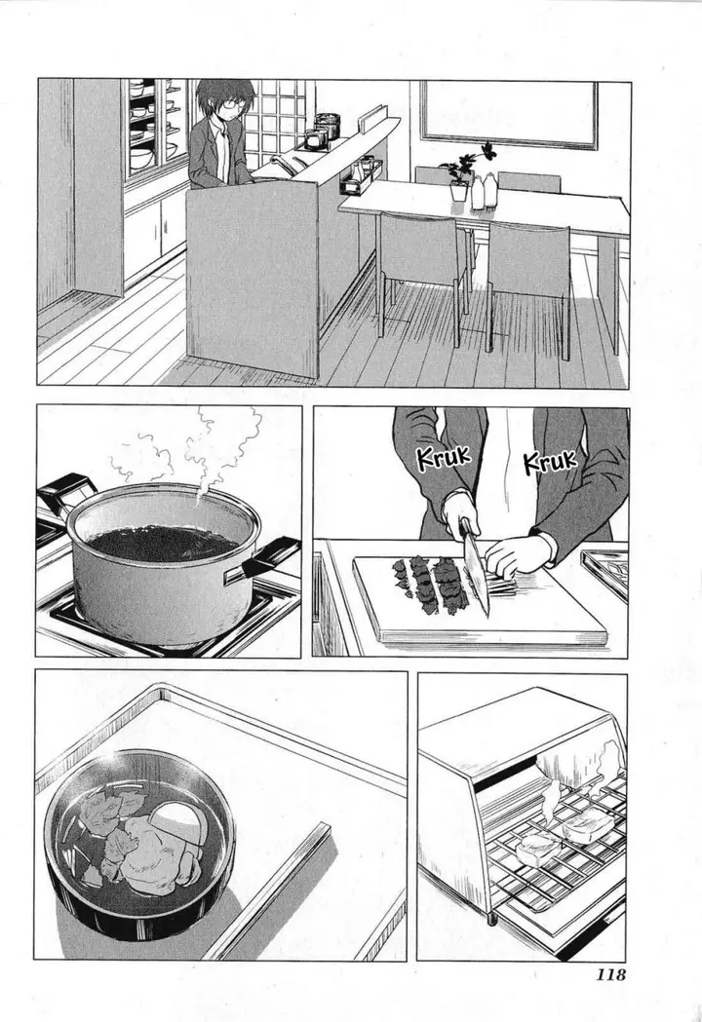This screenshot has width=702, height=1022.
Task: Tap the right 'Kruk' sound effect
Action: click(x=550, y=461)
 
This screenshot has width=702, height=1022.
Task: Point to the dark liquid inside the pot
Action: click(x=162, y=542)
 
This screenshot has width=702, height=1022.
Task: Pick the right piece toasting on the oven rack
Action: click(x=588, y=828)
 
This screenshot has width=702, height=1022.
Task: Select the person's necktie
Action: click(x=225, y=156)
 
